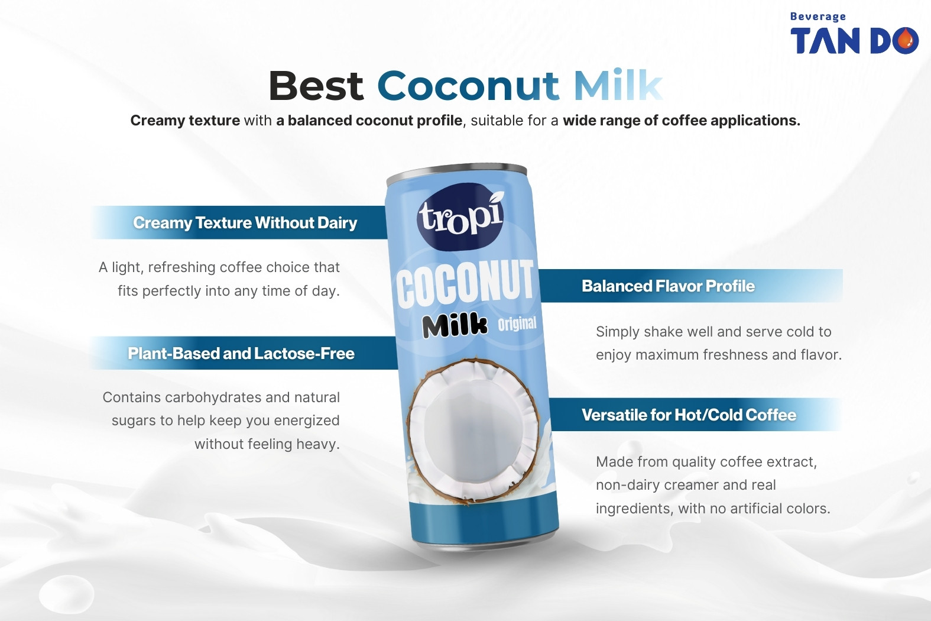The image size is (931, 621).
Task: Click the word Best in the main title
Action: click(x=316, y=86)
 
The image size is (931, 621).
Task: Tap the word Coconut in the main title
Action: click(x=468, y=86)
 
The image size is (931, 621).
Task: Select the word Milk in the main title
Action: click(x=617, y=86)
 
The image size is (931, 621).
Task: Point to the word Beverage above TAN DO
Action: click(x=818, y=17)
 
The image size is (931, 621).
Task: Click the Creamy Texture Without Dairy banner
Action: click(x=245, y=223)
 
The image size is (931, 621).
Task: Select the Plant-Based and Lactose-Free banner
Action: click(x=241, y=354)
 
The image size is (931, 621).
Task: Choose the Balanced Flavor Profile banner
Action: click(x=668, y=286)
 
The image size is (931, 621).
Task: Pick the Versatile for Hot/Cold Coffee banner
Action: click(x=689, y=415)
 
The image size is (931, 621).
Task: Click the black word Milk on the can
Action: click(x=455, y=325)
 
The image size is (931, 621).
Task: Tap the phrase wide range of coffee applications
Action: click(x=681, y=121)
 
